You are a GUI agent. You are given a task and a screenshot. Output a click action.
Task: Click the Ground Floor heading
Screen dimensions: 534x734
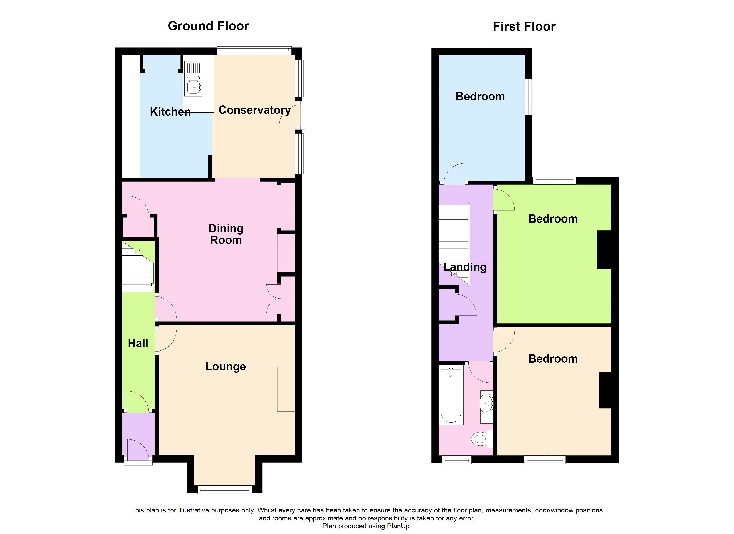208,26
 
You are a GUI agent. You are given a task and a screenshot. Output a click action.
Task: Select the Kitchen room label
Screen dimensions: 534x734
170,112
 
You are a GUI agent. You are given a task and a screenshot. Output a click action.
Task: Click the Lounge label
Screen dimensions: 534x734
226,367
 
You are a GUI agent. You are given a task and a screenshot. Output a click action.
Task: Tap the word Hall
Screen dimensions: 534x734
138,344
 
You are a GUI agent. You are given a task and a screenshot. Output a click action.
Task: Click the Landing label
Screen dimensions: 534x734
465,267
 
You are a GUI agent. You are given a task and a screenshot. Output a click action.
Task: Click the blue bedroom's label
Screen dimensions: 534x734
480,97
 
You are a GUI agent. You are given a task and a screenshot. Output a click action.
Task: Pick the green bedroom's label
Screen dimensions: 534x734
553,219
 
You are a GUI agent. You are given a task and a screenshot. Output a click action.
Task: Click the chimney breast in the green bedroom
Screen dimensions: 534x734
604,249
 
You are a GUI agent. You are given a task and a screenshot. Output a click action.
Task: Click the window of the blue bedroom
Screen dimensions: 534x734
529,97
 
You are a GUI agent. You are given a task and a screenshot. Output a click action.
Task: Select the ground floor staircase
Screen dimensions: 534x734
137,272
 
